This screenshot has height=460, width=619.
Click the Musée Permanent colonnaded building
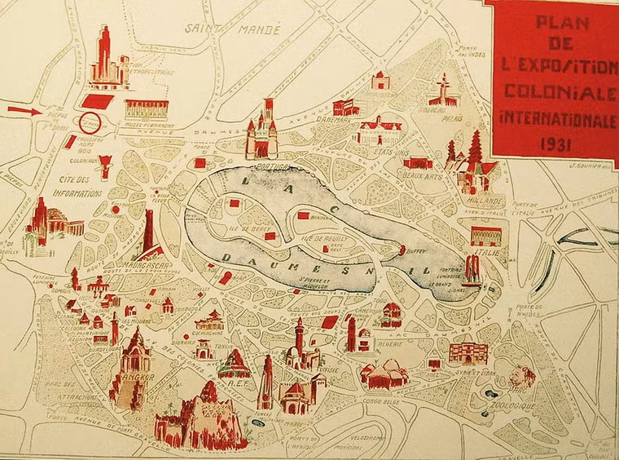click(146, 109)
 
